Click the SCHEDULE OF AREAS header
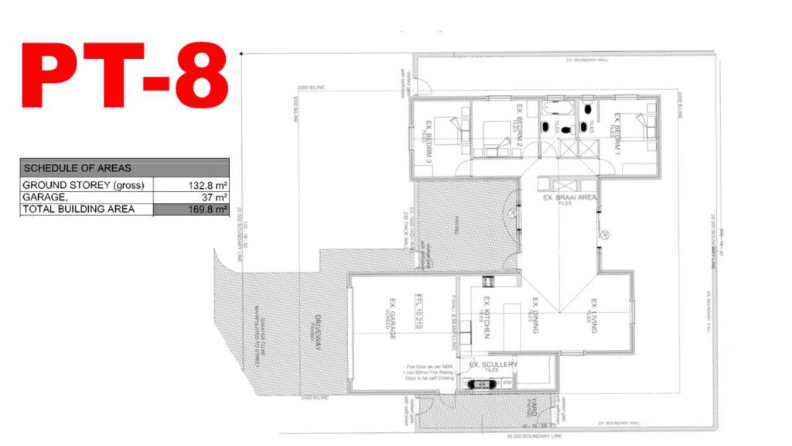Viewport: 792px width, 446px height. [x=77, y=167]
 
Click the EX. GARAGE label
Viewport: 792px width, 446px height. [x=393, y=314]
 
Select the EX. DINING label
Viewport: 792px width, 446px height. [x=534, y=317]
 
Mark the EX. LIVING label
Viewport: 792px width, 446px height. [x=594, y=316]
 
